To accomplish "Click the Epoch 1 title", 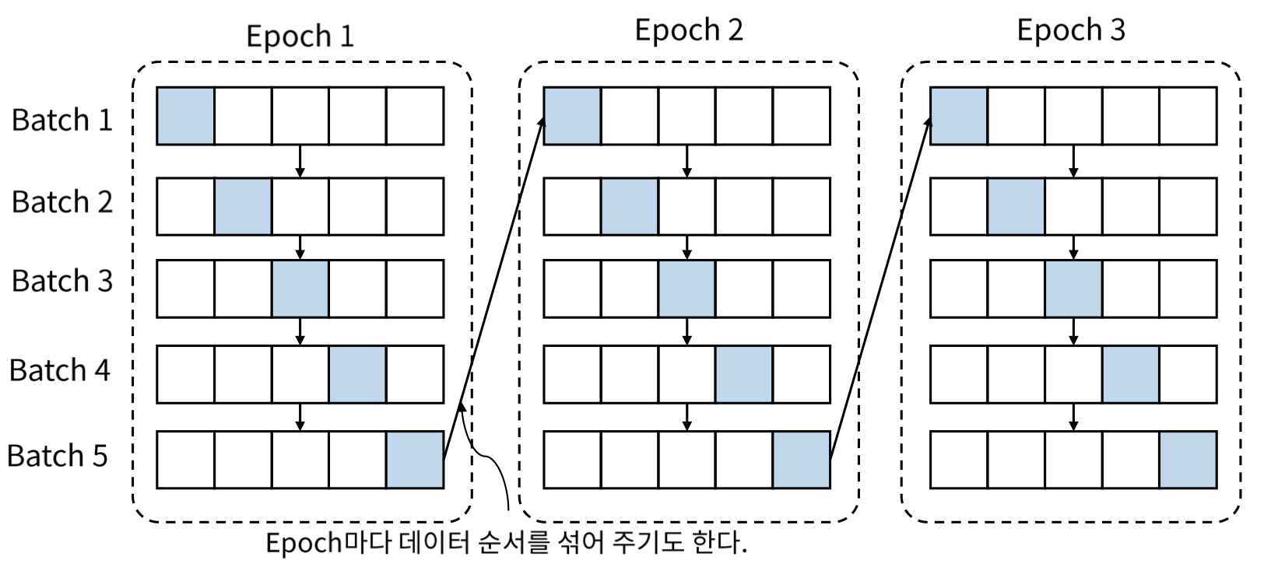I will coord(300,36).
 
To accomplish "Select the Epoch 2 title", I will coord(689,30).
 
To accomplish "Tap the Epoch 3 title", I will coord(1071,30).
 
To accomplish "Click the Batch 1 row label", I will coord(62,120).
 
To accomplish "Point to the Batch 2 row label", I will coord(62,201).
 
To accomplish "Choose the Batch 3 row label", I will coord(62,281).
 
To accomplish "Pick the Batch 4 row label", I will coord(60,370).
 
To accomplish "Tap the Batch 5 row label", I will coord(58,455).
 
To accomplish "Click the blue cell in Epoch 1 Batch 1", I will coord(185,116).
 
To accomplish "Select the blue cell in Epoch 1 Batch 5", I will coord(415,460).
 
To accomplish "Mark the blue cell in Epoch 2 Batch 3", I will coord(686,289).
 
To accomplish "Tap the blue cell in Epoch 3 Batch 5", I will coord(1188,460).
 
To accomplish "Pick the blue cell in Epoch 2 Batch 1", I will coord(572,116).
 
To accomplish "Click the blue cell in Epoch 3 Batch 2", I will coord(1016,206).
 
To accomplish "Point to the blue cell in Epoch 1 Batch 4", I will coord(357,374).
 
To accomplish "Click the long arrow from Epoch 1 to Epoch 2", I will coord(493,288).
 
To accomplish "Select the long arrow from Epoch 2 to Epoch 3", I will coord(880,288).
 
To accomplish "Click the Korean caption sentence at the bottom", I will coord(506,542).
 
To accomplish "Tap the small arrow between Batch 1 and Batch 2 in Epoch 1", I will coord(300,161).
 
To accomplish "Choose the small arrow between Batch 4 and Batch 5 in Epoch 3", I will coord(1073,417).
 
